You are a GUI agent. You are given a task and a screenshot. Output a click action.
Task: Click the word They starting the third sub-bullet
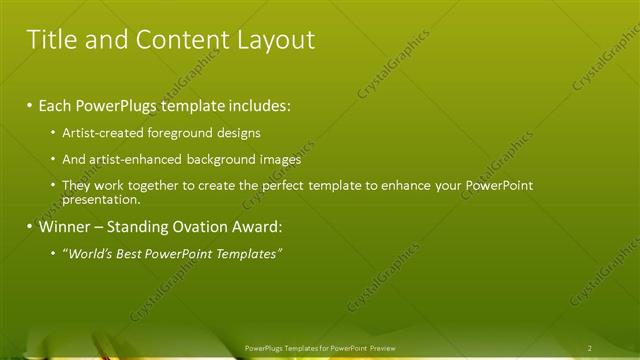(76, 186)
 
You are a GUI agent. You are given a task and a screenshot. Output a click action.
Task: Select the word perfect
(290, 186)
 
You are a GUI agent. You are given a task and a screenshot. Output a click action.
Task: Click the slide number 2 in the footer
(589, 348)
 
